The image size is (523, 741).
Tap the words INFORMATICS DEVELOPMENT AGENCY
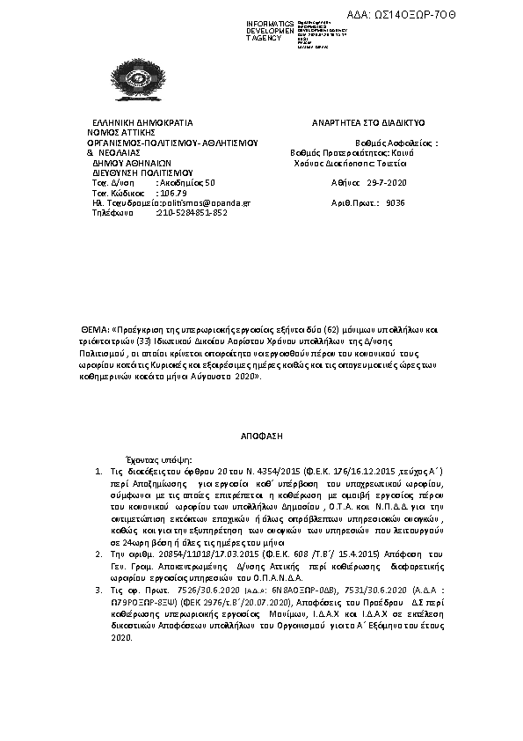[x=265, y=31]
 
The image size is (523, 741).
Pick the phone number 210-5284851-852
[x=192, y=212]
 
